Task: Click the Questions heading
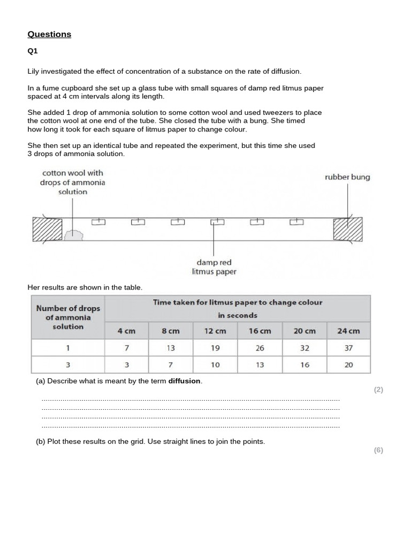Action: coord(49,34)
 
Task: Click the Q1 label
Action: coord(33,52)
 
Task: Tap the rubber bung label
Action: coord(347,177)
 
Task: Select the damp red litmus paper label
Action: coord(214,267)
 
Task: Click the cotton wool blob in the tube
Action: coord(73,234)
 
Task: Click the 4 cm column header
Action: coord(127,331)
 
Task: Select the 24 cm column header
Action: coord(348,331)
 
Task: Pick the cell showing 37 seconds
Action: coord(348,348)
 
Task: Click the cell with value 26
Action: coord(260,348)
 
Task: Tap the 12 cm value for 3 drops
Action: coord(215,365)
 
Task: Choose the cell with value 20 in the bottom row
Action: coord(348,365)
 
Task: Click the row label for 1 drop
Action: coord(67,348)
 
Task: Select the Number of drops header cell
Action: coord(67,317)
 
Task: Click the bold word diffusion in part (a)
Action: coord(185,381)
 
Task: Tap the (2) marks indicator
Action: coord(378,390)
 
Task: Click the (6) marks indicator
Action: coord(378,450)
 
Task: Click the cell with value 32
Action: coord(304,348)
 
